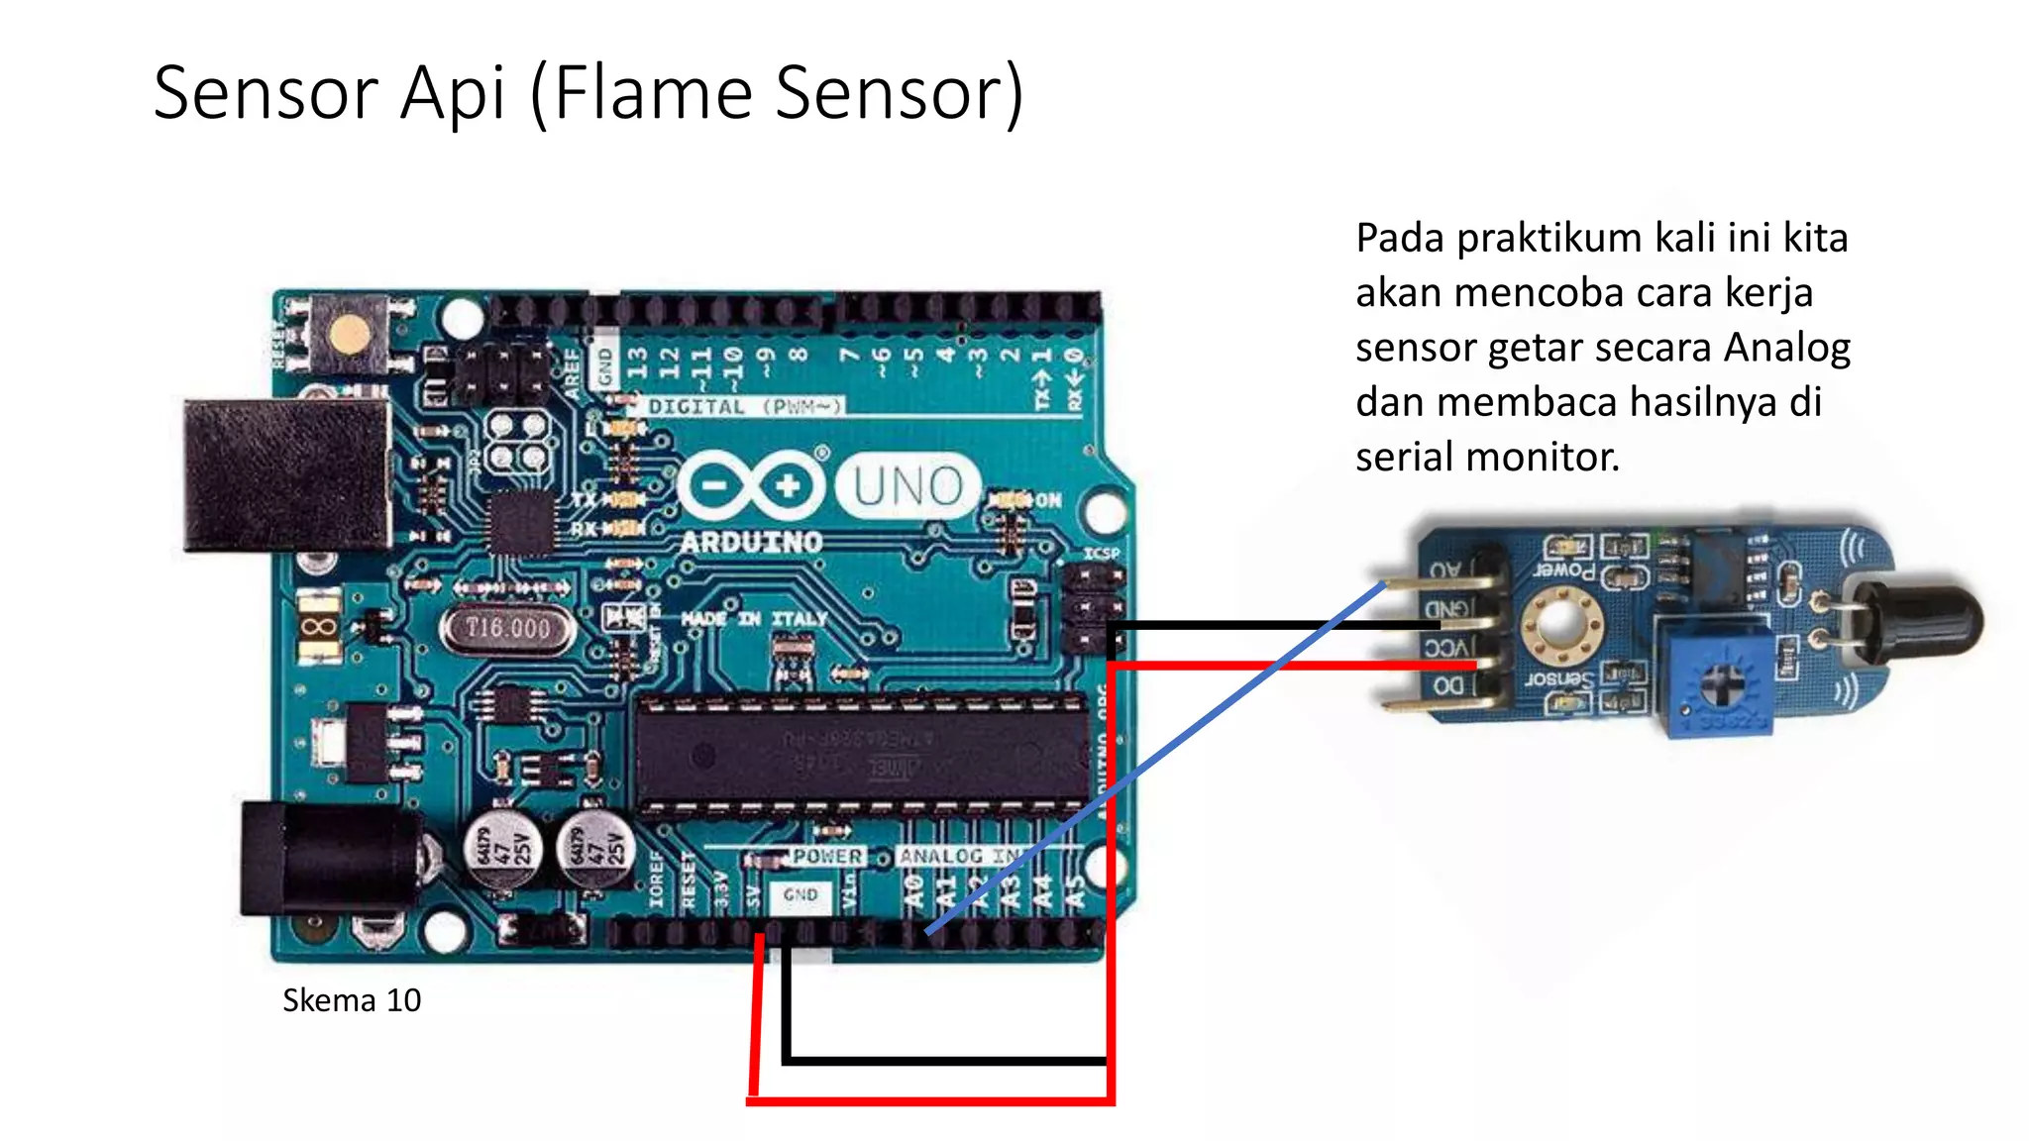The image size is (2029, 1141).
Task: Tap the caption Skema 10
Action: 351,1000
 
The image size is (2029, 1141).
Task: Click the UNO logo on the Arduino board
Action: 908,486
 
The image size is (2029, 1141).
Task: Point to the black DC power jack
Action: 327,858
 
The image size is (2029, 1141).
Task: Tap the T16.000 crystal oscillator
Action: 507,628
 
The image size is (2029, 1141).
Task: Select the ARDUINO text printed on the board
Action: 751,542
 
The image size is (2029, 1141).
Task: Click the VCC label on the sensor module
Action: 1445,649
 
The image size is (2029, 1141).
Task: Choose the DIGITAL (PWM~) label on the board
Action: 744,406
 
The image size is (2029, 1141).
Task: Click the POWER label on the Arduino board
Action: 827,856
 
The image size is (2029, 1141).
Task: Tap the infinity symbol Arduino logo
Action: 751,485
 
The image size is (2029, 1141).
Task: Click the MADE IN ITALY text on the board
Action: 753,619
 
